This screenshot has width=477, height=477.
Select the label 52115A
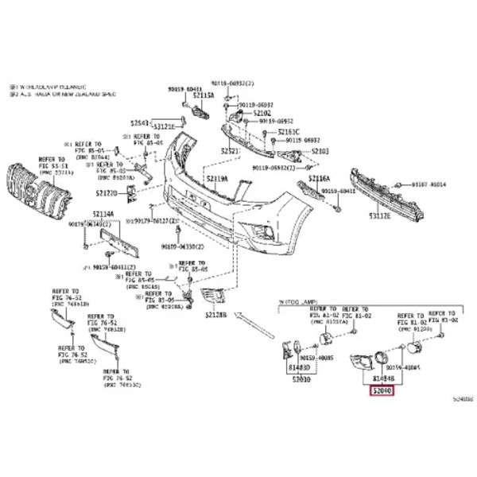(x=204, y=95)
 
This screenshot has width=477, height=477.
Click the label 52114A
(x=103, y=214)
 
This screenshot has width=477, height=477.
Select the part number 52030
(x=301, y=379)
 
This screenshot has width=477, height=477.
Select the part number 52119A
(x=215, y=179)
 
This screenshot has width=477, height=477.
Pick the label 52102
(x=262, y=114)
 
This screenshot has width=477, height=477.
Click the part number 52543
(x=139, y=124)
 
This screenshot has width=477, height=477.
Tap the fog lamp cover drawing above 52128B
(x=213, y=298)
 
